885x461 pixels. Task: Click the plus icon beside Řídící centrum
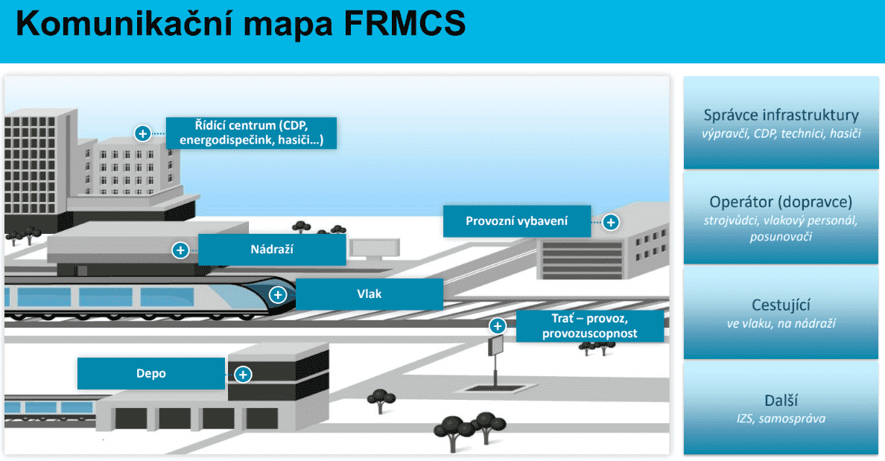142,134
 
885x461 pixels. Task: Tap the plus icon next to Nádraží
180,250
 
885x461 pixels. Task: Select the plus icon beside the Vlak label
277,294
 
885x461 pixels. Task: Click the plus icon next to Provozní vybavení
610,222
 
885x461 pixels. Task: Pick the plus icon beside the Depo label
244,375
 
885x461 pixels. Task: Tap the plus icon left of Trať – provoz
498,326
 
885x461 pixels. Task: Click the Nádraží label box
272,249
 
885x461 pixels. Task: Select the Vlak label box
369,294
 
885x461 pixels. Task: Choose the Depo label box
151,374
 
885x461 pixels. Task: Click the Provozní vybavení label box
517,221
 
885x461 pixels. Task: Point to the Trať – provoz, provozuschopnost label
589,326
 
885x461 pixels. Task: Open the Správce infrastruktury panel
781,123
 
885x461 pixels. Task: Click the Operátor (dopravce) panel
781,217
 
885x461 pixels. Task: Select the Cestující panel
781,313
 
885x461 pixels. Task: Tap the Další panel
781,408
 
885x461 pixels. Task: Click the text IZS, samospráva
781,419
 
